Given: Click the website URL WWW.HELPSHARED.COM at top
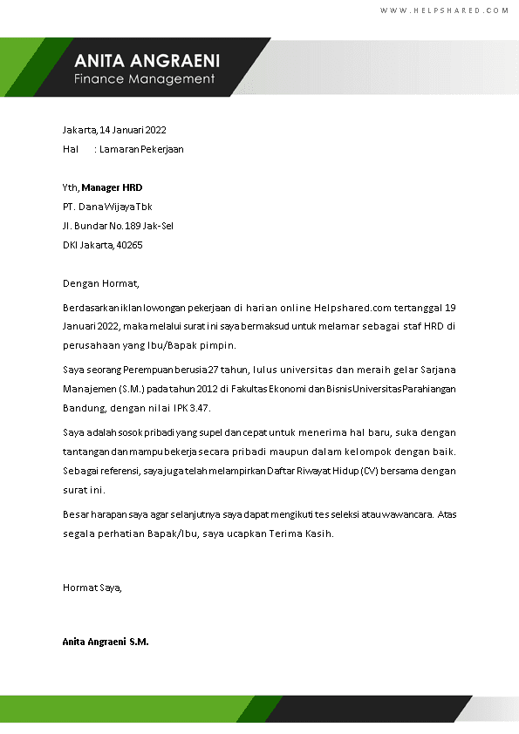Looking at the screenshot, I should tap(444, 10).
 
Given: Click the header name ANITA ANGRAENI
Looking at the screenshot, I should tap(147, 61).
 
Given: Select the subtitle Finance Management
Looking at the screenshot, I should tap(144, 79).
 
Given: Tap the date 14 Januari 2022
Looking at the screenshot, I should tap(133, 130).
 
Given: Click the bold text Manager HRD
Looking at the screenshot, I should tap(112, 187).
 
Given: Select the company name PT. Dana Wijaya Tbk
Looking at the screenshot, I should tap(107, 207).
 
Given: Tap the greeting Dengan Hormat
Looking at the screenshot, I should tap(101, 283).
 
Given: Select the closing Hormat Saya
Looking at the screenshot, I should tap(92, 588).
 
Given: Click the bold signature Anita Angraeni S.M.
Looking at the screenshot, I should tap(106, 642).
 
